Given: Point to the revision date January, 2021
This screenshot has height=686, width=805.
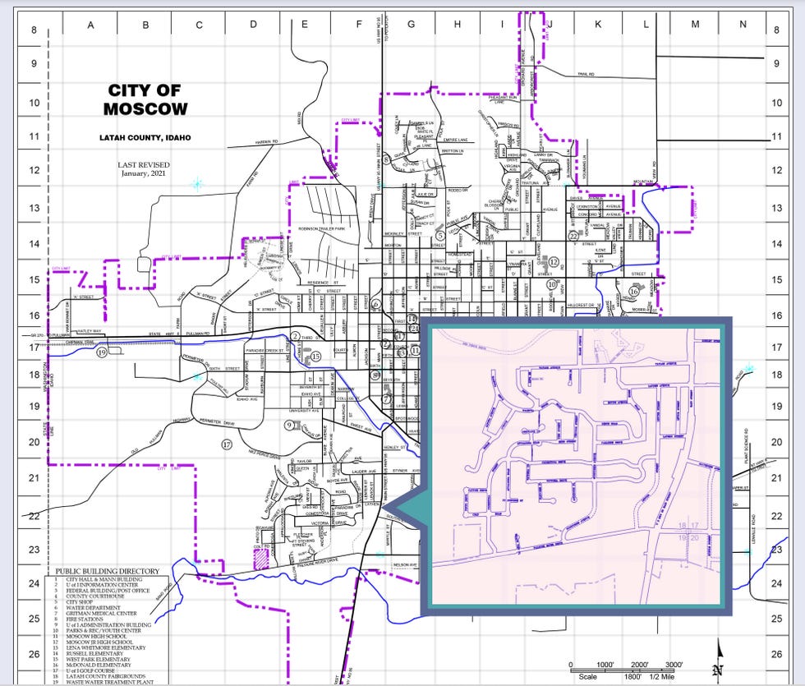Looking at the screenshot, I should pos(143,173).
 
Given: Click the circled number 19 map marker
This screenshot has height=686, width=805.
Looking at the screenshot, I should pos(102,352).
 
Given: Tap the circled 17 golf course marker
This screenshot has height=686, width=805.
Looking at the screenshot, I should pos(228,444).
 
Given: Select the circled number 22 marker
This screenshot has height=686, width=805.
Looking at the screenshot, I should pos(573,236).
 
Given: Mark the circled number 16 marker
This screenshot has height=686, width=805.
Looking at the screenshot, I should pos(633,291).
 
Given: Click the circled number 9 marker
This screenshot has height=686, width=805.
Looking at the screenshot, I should pos(289,425).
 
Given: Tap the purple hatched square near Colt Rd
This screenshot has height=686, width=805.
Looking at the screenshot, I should pos(260,559).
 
